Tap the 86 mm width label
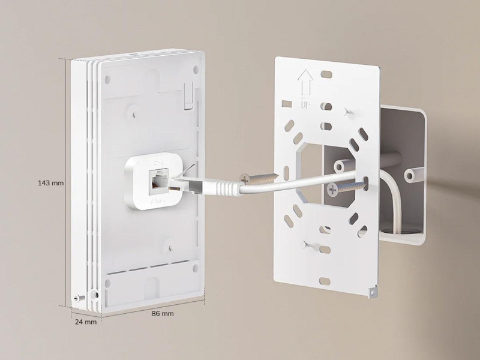(161, 313)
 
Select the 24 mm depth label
(86, 322)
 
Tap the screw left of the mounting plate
(259, 178)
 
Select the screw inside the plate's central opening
(348, 188)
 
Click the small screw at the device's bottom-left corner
(76, 298)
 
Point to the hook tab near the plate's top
(349, 112)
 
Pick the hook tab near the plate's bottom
(309, 245)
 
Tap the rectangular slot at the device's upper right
(188, 97)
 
